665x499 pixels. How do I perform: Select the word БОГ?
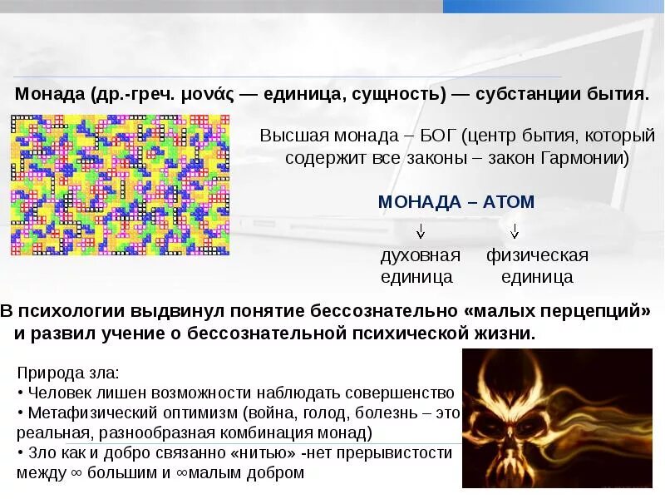click(431, 136)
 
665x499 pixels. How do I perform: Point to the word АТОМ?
click(506, 201)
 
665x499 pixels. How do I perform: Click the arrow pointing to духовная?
click(421, 230)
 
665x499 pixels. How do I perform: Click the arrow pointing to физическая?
click(515, 230)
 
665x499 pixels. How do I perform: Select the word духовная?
click(420, 255)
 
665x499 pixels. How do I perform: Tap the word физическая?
click(537, 255)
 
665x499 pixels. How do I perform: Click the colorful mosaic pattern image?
click(120, 185)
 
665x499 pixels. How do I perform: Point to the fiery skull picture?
click(557, 417)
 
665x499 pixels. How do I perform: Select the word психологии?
click(67, 312)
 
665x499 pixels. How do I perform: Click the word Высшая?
click(291, 136)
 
